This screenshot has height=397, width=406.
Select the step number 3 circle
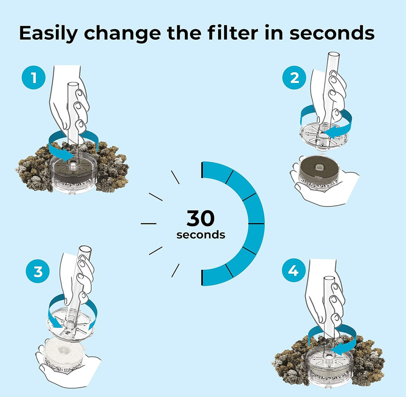click(38, 271)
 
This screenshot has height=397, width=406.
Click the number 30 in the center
click(200, 219)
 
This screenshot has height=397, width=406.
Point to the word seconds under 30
click(200, 235)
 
